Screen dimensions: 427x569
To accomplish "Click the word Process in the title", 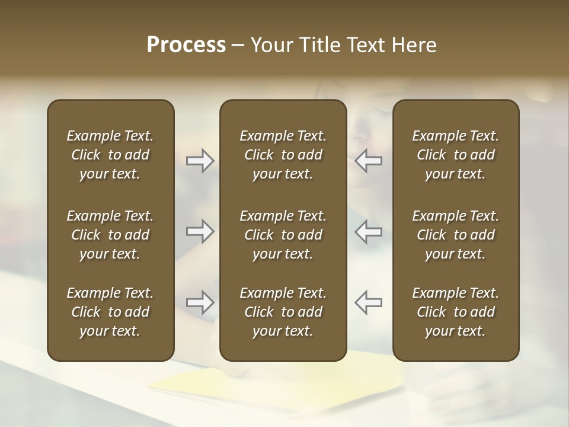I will coord(186,45).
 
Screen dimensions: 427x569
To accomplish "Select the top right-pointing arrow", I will coord(200,161).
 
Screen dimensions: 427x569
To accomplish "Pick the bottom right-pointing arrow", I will coord(200,302).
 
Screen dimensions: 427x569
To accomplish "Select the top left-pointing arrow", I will coord(369,161).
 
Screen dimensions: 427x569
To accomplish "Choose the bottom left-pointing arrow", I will coord(369,302).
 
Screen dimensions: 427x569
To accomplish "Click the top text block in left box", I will coord(110,155).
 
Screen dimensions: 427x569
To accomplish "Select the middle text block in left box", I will coord(110,235).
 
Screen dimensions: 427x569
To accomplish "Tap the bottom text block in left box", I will coord(110,312).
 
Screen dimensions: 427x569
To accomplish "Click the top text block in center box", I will coord(283,155).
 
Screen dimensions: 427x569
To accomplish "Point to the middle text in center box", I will coord(283,235).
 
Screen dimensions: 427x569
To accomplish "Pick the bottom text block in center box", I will coord(283,312).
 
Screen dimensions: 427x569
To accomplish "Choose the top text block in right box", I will coord(456,155).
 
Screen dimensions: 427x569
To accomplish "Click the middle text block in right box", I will coord(456,235).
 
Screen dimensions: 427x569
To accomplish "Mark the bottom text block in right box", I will coord(456,312).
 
